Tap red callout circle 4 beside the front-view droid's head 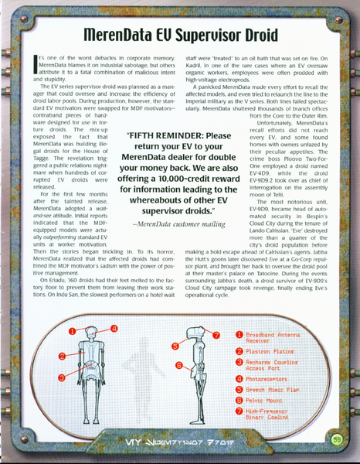point(114,328)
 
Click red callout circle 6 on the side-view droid point(179,364)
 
